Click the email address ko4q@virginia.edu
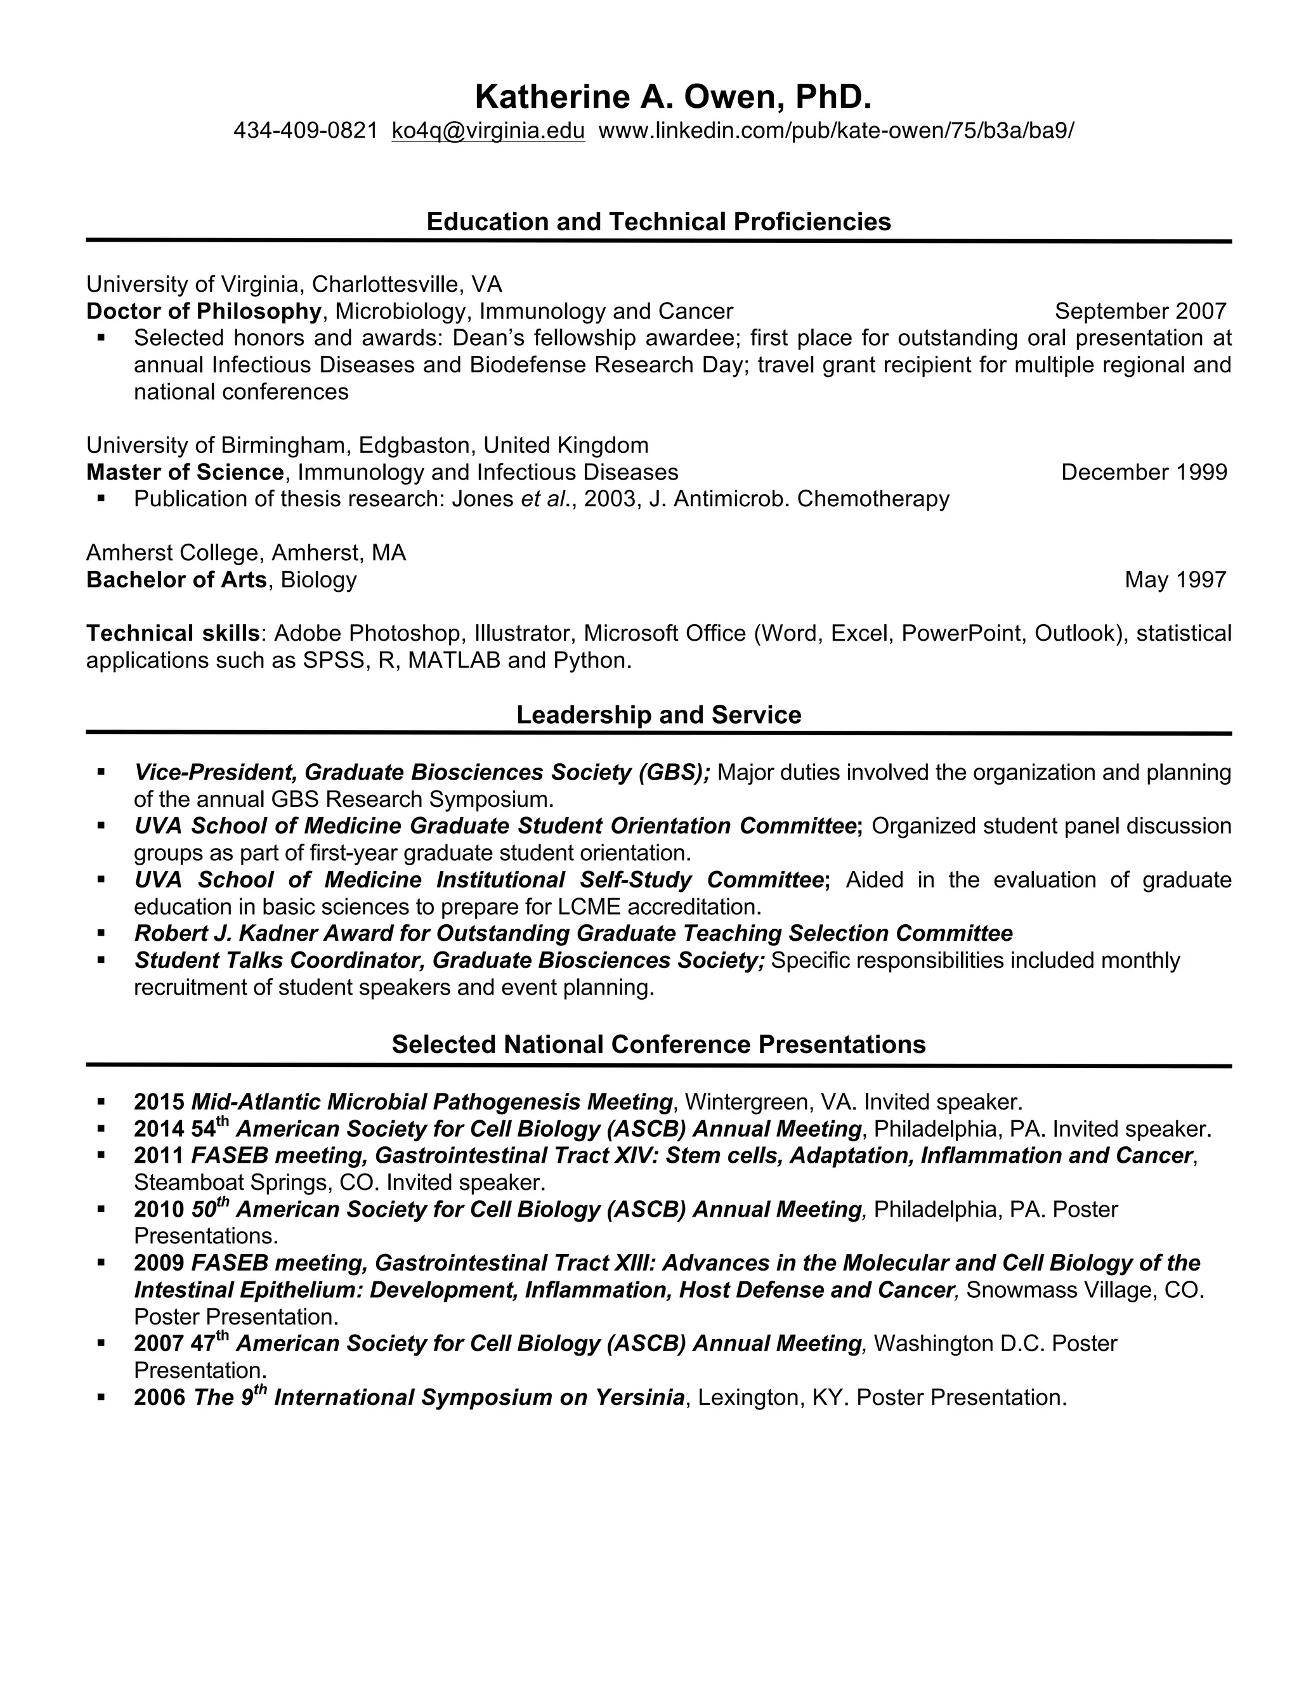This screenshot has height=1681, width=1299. (488, 131)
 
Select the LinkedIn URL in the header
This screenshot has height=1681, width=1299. (836, 131)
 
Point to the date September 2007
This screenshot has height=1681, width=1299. (1140, 311)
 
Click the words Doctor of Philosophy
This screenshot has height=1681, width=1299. (203, 311)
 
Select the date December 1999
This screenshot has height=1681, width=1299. (1144, 472)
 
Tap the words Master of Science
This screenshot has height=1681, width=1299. (185, 472)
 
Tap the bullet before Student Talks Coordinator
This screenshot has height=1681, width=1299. (101, 960)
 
